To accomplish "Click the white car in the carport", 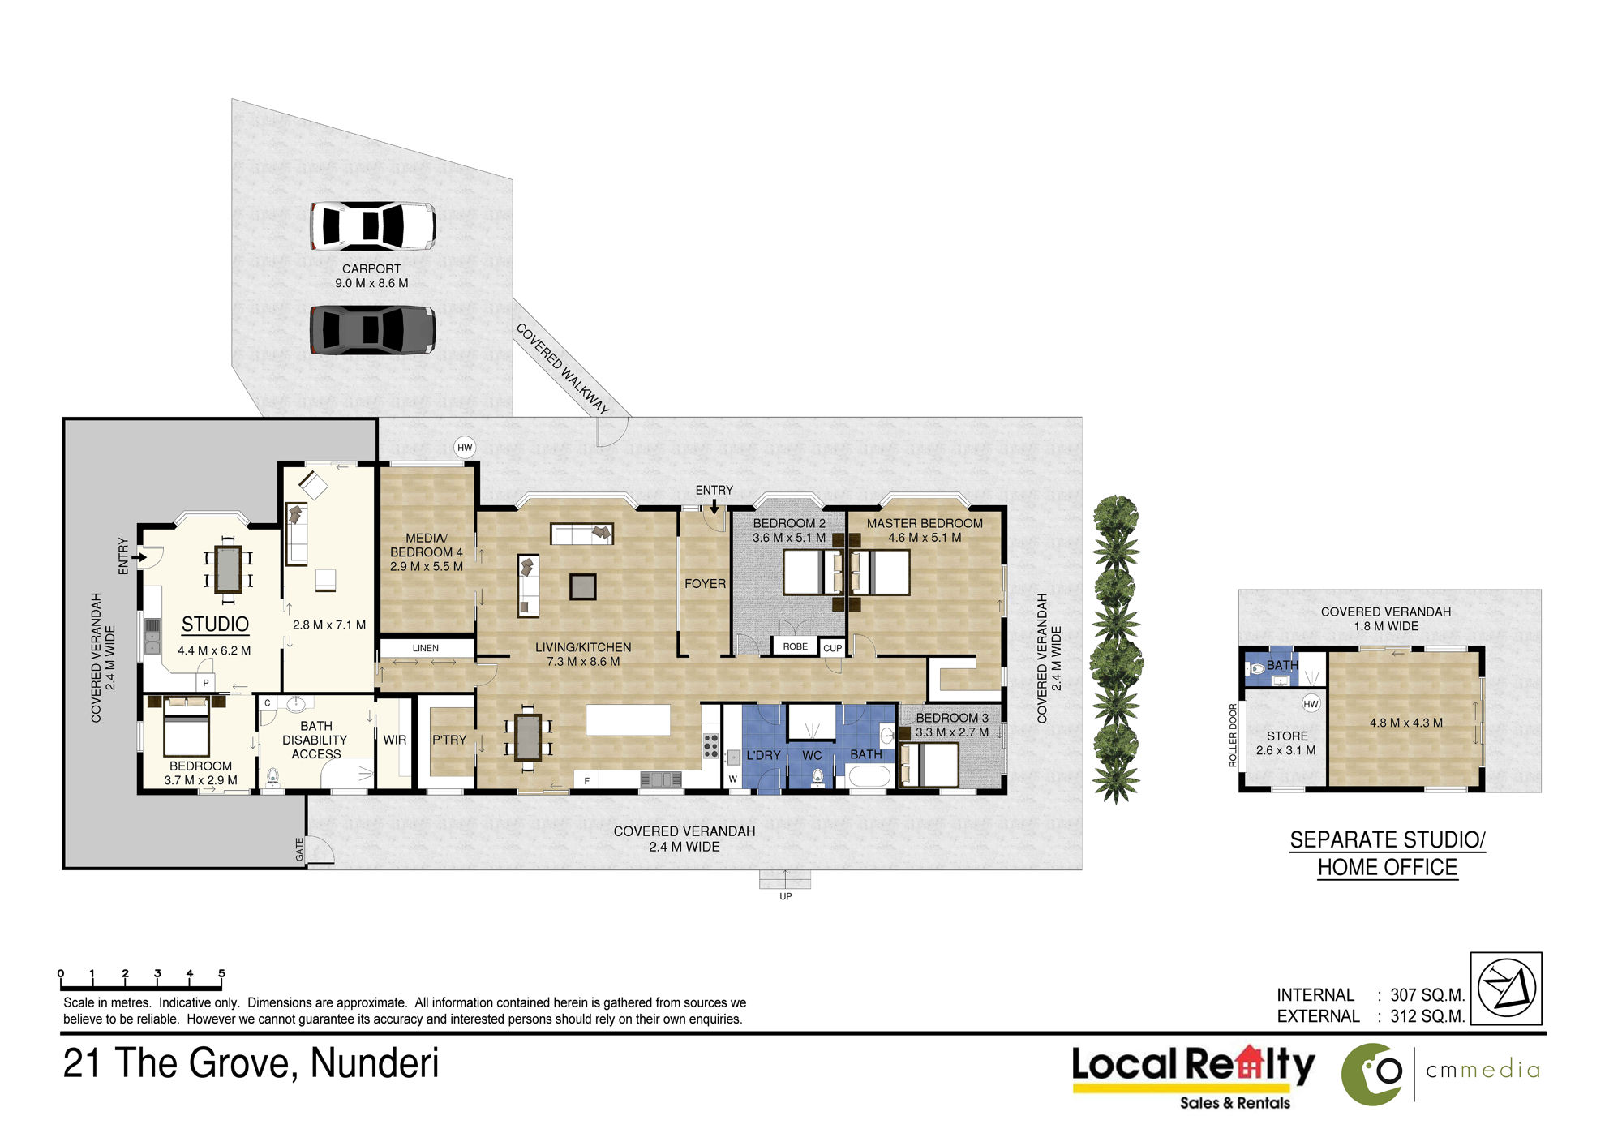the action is coord(372,225).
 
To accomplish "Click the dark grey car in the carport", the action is coord(372,329).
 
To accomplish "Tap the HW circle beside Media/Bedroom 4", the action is coord(465,448).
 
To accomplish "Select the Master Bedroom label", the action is coord(925,524).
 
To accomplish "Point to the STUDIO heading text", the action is coord(215,624).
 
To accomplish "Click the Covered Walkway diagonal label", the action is coord(562,369).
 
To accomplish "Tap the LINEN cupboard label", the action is coord(426,648).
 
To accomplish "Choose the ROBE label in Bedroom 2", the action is coord(796,646).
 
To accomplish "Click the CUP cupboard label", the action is coord(833,648).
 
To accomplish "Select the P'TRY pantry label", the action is coord(449,740).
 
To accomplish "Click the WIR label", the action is coord(395,740).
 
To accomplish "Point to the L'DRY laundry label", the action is coord(763,755).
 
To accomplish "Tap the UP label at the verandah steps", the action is coord(786,896).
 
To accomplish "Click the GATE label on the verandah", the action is coord(299,849).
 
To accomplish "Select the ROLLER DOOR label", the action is coord(1234,735).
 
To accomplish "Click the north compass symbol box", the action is coord(1506,989).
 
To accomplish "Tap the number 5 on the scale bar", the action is coord(221,973).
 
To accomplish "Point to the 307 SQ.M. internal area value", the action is coord(1427,995).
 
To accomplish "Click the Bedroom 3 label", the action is coord(952,718).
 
